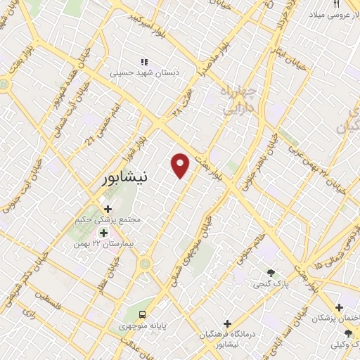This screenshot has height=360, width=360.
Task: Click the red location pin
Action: click(x=181, y=165)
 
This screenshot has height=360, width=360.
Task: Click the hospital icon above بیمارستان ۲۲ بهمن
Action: click(x=104, y=233)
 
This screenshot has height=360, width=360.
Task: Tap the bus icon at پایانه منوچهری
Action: click(x=143, y=314)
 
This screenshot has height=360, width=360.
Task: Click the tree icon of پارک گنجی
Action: click(x=271, y=274)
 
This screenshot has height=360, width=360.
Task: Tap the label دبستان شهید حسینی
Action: click(x=143, y=71)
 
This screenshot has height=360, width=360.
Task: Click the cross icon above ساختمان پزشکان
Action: click(x=339, y=307)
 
